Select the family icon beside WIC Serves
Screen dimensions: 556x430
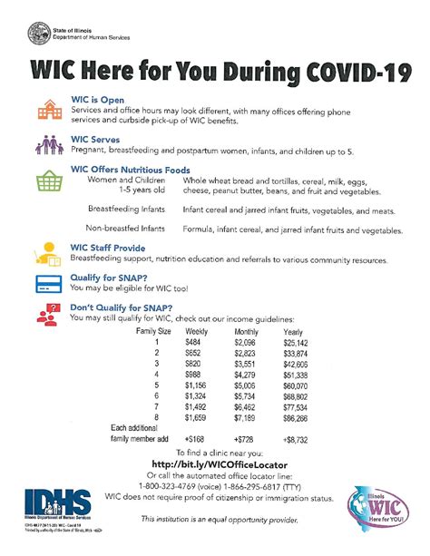[46, 146]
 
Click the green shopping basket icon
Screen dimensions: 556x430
[46, 180]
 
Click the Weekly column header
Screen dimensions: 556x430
[198, 333]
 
